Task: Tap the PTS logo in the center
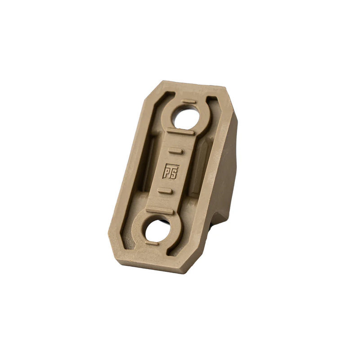coord(171,171)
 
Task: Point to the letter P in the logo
coord(166,171)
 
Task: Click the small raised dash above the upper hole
coord(189,102)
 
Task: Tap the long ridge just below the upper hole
coord(180,131)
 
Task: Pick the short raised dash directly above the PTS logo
coord(175,151)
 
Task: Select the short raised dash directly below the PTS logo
coord(165,191)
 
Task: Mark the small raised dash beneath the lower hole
coord(152,243)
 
